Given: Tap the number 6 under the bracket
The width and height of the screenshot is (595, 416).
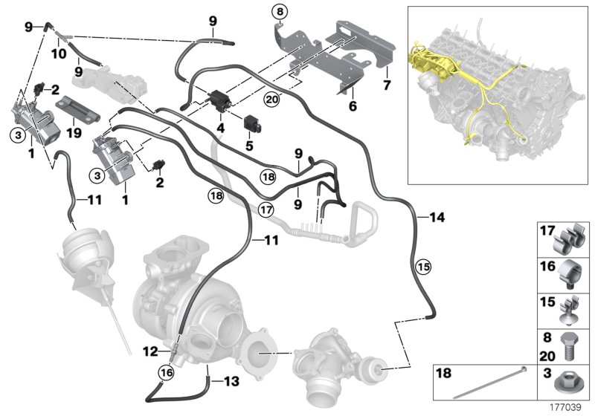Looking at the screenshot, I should [353, 106].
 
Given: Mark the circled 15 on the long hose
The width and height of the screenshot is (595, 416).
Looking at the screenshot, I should [422, 264].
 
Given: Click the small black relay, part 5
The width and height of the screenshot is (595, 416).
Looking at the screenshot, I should [248, 123].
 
